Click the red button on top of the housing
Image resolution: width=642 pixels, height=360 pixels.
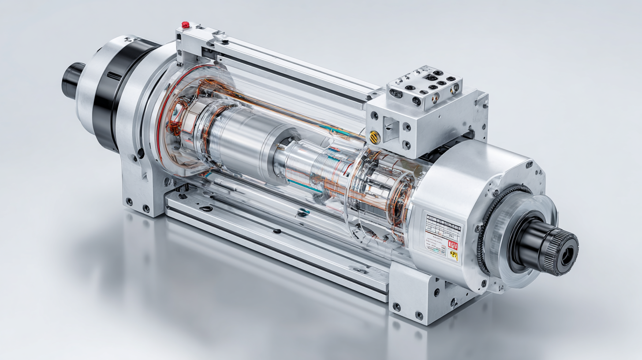pyautogui.click(x=186, y=25)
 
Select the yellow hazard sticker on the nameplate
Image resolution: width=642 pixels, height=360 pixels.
pyautogui.click(x=453, y=255)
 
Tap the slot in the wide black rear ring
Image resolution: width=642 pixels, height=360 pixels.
pyautogui.click(x=114, y=76)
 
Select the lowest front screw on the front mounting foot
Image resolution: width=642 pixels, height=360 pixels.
pyautogui.click(x=419, y=315)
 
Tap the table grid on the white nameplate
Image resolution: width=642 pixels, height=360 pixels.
pyautogui.click(x=443, y=227)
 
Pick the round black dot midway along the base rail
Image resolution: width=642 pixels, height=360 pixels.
pyautogui.click(x=277, y=231)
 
